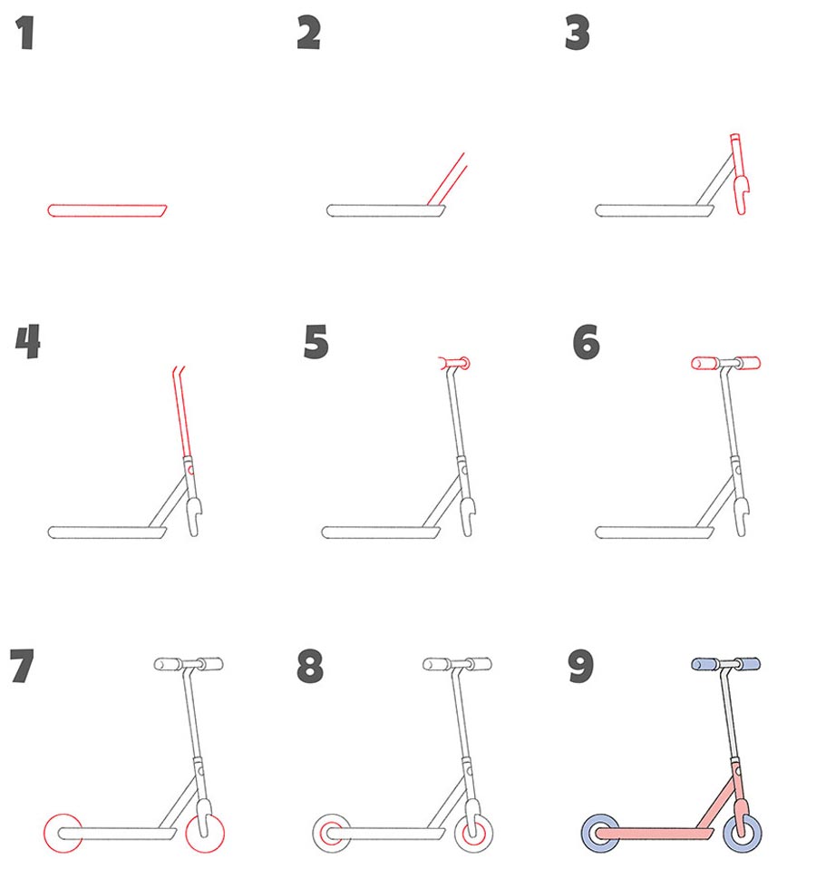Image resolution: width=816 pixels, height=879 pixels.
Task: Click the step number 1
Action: click(x=25, y=33)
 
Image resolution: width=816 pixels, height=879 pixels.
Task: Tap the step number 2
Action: click(x=309, y=33)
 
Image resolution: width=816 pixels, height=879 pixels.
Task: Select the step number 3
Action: click(x=578, y=33)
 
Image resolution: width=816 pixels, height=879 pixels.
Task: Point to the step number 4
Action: click(x=28, y=341)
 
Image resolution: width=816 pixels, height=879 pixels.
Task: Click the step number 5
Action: click(x=316, y=341)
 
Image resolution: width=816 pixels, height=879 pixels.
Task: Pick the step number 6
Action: click(x=587, y=341)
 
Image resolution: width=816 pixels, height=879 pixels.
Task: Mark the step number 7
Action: click(x=23, y=666)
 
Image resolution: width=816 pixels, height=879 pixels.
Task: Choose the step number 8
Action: click(x=310, y=666)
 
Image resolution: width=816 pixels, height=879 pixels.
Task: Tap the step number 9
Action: click(x=580, y=666)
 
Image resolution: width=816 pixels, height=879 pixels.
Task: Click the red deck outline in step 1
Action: click(x=107, y=205)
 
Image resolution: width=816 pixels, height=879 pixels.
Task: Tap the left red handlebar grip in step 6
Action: click(x=705, y=363)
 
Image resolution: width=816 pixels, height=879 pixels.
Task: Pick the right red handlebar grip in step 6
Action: click(x=748, y=363)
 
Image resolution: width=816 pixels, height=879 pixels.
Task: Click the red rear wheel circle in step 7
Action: click(x=63, y=815)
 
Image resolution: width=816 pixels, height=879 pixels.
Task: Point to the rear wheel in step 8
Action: click(x=332, y=834)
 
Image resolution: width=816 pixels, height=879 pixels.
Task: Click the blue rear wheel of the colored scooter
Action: click(x=601, y=834)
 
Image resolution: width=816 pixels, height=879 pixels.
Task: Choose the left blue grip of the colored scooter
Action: click(x=705, y=664)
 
